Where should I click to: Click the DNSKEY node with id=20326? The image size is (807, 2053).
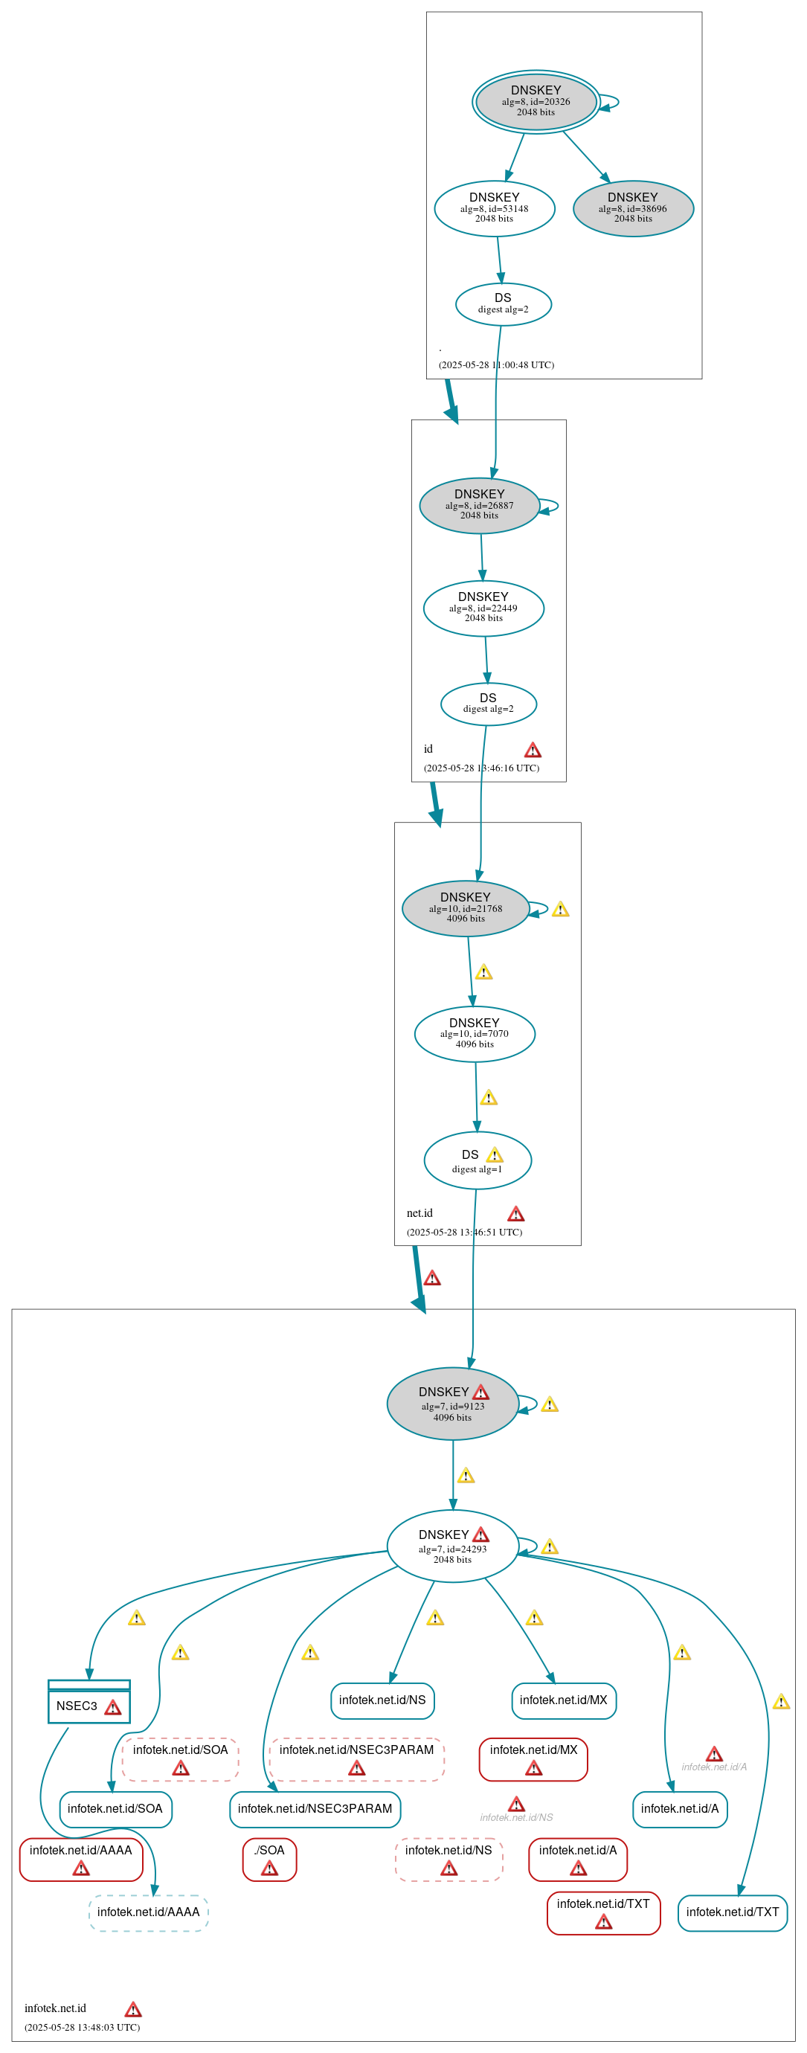(536, 101)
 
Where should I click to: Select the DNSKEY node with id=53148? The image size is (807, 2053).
(494, 208)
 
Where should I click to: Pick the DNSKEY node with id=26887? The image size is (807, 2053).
(479, 505)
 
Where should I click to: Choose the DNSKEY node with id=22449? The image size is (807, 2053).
(483, 608)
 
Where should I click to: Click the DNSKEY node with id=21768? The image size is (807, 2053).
(466, 907)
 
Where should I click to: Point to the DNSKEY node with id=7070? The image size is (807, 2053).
(474, 1034)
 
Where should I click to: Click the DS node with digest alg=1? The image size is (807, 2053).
(477, 1160)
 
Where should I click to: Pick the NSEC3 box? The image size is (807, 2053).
(89, 1705)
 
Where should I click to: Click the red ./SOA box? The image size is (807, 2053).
(269, 1859)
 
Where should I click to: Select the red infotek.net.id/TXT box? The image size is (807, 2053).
(603, 1912)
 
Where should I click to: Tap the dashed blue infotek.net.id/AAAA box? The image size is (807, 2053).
(148, 1912)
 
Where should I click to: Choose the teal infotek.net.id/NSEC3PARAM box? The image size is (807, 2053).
(315, 1808)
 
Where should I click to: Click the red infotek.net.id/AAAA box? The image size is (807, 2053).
(80, 1859)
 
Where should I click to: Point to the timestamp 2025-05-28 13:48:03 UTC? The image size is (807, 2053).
(82, 2027)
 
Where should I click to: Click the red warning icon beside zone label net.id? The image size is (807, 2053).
(515, 1214)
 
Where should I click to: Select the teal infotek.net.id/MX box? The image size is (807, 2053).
(563, 1700)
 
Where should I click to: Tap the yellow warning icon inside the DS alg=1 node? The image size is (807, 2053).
(494, 1154)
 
